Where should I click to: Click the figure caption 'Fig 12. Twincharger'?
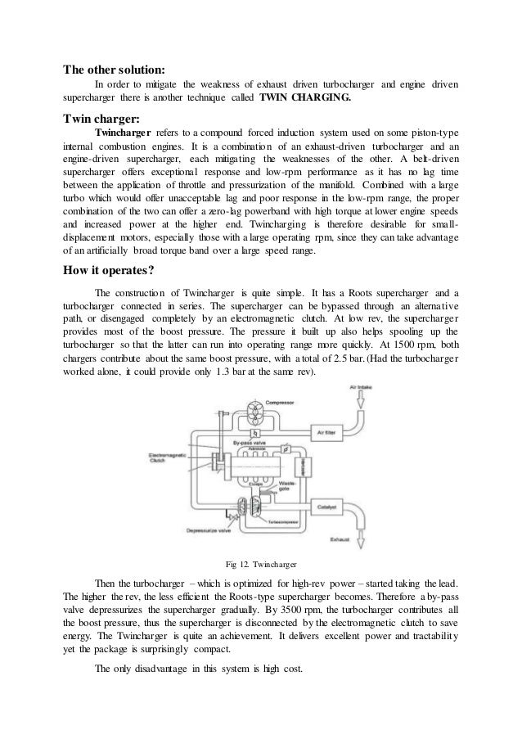pyautogui.click(x=260, y=563)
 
